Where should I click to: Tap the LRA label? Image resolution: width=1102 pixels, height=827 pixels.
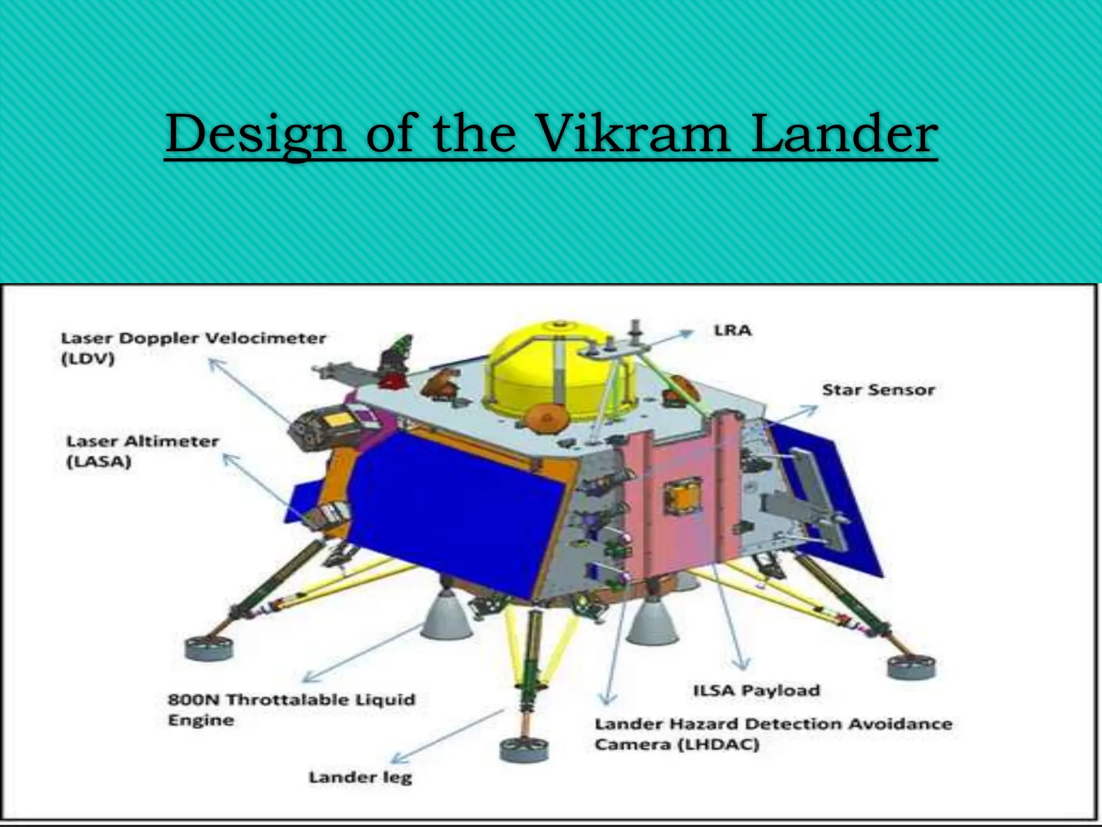coord(732,330)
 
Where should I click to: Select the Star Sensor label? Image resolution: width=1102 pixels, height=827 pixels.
coord(878,390)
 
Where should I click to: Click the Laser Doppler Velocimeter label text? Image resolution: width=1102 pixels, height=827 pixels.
coord(193,338)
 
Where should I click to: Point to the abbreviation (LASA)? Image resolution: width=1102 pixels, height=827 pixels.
coord(98,462)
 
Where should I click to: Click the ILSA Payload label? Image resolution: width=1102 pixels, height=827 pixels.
coord(756,690)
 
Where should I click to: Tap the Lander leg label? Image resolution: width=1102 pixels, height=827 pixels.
coord(360,777)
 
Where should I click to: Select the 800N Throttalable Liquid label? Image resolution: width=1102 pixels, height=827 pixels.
coord(291,699)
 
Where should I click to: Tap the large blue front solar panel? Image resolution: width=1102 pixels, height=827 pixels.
coord(457,511)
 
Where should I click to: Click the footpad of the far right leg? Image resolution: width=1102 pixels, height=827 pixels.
coord(911,668)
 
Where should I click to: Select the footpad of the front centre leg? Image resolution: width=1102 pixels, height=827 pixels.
coord(524,751)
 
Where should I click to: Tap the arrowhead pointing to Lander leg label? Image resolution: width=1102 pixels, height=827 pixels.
coord(397,759)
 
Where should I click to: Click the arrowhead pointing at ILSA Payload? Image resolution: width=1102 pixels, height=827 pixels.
coord(742,664)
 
